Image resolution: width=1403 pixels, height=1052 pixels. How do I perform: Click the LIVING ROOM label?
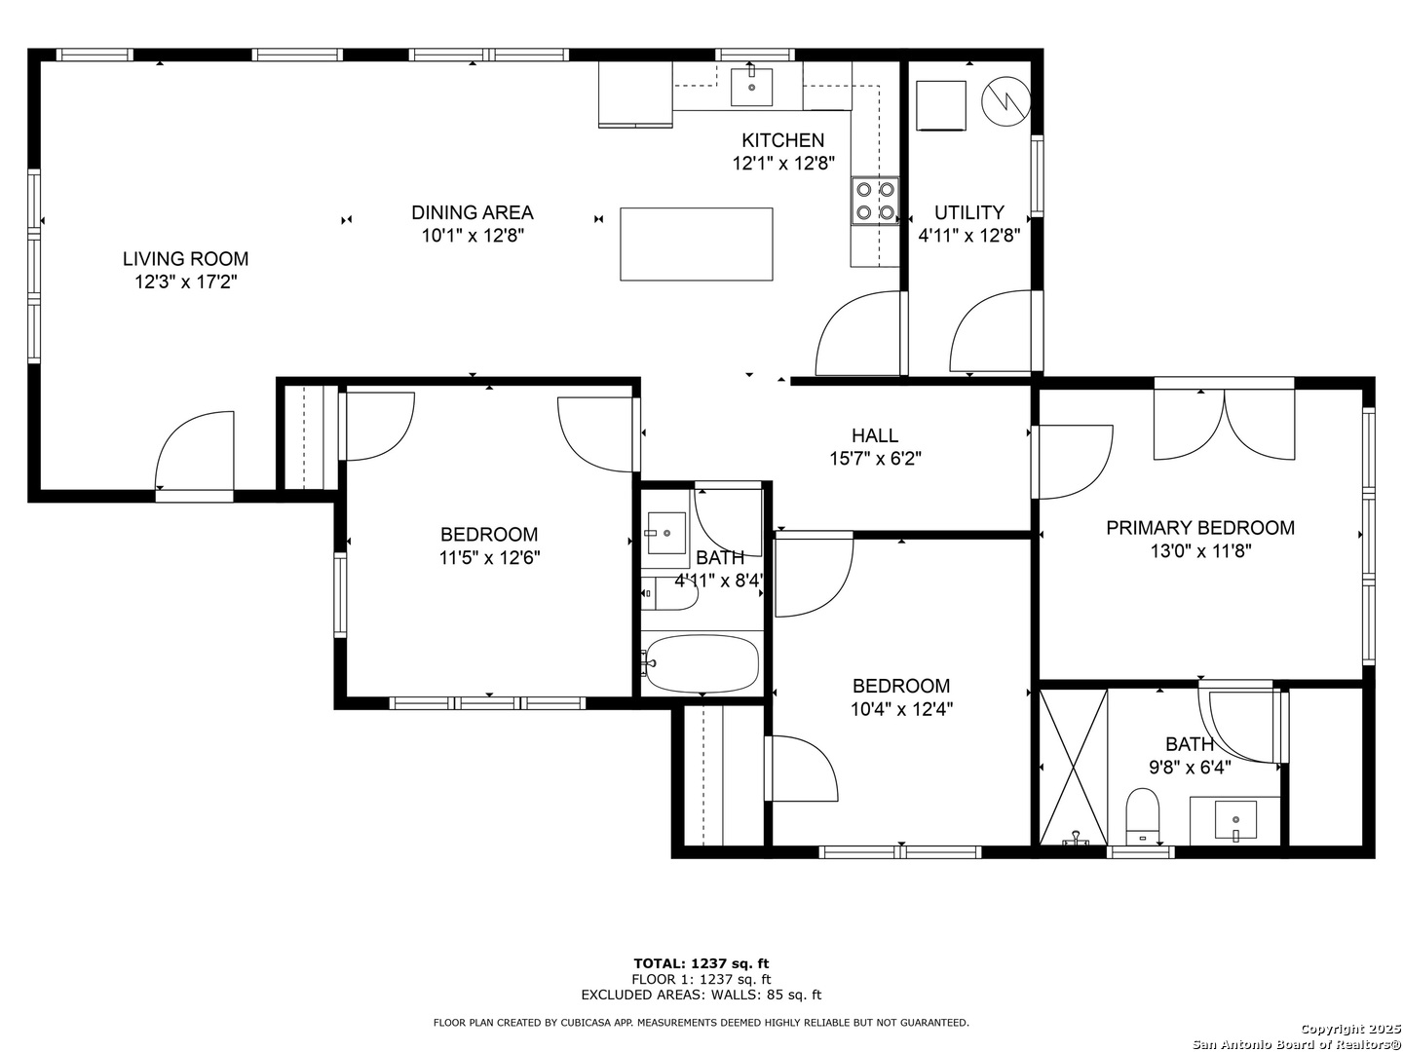click(x=185, y=259)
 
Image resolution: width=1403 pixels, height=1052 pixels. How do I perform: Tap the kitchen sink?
click(x=751, y=87)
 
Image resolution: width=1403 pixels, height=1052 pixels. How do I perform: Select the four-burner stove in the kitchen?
click(x=875, y=201)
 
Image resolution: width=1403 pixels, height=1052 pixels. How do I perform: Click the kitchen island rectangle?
click(x=696, y=244)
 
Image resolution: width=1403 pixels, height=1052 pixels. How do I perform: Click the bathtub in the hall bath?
click(x=701, y=663)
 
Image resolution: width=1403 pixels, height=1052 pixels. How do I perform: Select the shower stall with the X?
click(x=1073, y=768)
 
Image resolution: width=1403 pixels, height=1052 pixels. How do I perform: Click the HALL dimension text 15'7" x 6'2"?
click(x=875, y=459)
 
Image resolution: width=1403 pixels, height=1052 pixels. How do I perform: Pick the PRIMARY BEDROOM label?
click(x=1200, y=528)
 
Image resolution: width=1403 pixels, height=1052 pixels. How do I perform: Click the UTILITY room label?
click(x=969, y=212)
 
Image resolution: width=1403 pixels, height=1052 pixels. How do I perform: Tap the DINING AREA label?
click(x=473, y=212)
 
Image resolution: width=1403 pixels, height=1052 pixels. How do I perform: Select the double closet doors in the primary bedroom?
click(x=1224, y=424)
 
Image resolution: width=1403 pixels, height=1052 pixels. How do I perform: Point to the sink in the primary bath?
click(x=1235, y=821)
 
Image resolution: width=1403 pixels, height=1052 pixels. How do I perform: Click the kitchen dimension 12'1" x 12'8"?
click(x=783, y=164)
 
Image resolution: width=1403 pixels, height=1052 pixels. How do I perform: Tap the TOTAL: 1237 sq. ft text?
click(x=701, y=963)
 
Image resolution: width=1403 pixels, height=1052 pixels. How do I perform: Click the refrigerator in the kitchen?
click(x=635, y=94)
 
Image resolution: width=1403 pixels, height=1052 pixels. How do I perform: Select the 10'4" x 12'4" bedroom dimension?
click(x=901, y=709)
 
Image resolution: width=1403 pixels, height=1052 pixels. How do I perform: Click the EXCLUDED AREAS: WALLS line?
click(x=701, y=995)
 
